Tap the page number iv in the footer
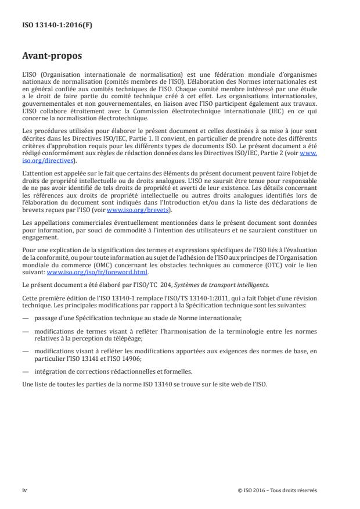pyautogui.click(x=24, y=490)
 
